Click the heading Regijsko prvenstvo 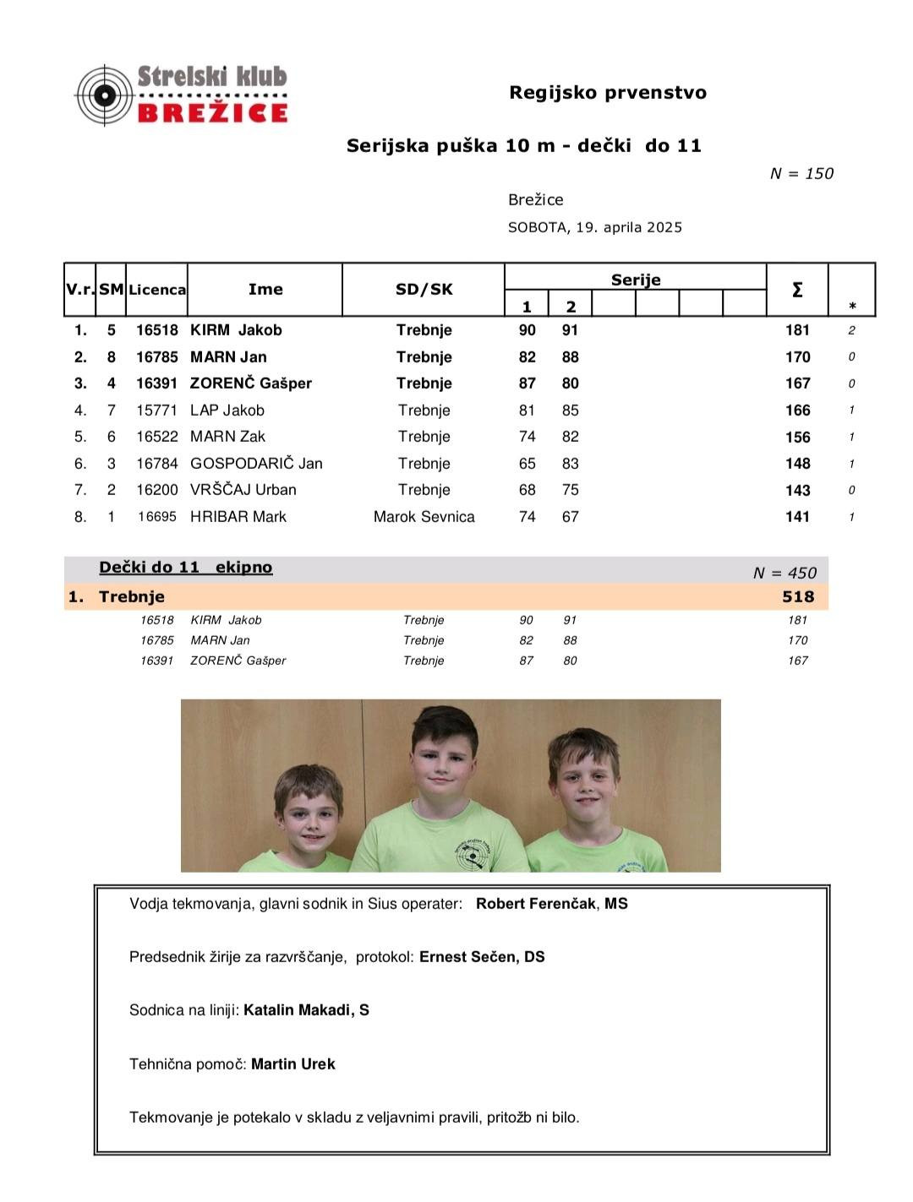tap(607, 93)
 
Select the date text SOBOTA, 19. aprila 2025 tap(594, 227)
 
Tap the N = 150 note tap(801, 173)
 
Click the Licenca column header tap(157, 290)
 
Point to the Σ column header tap(796, 290)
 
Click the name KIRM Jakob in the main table tap(236, 330)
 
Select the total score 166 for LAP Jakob tap(797, 411)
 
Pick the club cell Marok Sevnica tap(424, 517)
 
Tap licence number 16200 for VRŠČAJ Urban tap(157, 490)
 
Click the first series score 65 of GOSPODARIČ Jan tap(527, 464)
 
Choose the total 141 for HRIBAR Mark tap(797, 517)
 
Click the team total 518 tap(797, 597)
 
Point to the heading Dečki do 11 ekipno tap(185, 568)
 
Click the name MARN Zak tap(227, 437)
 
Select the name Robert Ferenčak tap(536, 904)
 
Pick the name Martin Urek tap(292, 1064)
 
